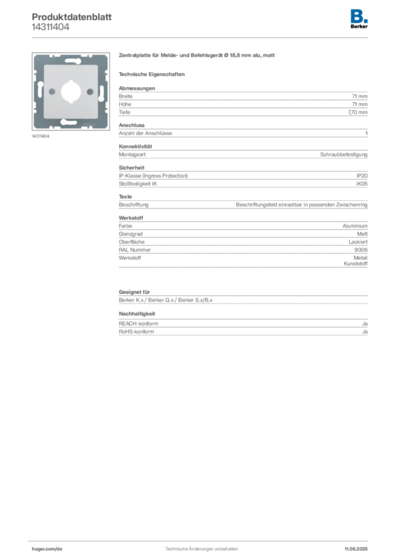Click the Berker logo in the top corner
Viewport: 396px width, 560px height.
click(x=359, y=19)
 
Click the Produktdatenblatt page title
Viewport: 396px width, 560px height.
click(x=72, y=17)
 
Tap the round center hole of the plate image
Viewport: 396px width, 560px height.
click(x=71, y=92)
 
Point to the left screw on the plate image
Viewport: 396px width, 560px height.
click(x=52, y=92)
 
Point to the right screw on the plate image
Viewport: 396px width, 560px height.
click(x=90, y=92)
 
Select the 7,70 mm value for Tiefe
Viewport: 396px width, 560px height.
click(x=357, y=112)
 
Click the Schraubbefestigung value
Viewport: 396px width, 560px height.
click(x=343, y=155)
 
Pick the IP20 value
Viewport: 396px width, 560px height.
click(x=362, y=176)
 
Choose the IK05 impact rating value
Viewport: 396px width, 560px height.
click(x=362, y=184)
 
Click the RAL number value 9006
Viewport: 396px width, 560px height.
click(x=360, y=250)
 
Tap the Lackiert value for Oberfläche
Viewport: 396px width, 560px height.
click(x=358, y=242)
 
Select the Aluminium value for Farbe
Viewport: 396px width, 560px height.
click(x=355, y=226)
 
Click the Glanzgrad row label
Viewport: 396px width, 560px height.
click(x=131, y=234)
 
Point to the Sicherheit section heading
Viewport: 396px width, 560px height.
click(x=131, y=167)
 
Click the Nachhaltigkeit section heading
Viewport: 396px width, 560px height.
click(x=137, y=313)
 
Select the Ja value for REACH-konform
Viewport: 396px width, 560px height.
click(x=365, y=324)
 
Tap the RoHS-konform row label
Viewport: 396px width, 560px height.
click(x=136, y=331)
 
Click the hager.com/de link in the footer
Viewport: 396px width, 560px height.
click(x=47, y=549)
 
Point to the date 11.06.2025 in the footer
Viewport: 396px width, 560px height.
click(x=356, y=549)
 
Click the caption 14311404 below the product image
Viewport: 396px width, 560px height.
click(x=40, y=136)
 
